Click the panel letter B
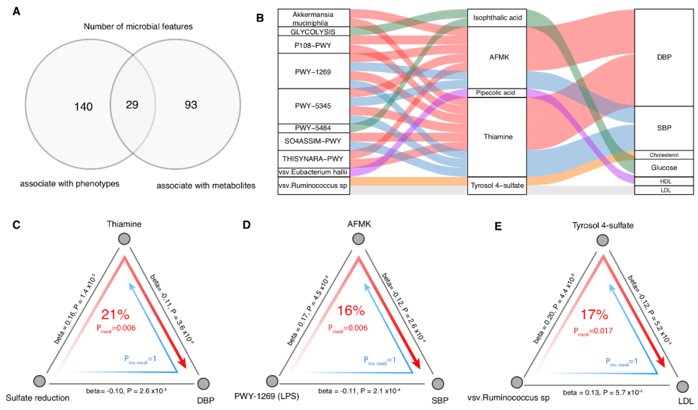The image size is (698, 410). coord(260,18)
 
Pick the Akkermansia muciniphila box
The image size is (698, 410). coord(313,18)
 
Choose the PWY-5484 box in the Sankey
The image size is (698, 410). coord(313,128)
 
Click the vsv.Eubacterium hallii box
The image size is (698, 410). coord(313,171)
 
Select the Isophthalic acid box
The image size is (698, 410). coord(497,18)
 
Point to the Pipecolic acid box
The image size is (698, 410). coord(497,93)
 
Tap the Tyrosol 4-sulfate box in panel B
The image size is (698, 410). coord(497,185)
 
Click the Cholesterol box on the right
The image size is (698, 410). coord(664,155)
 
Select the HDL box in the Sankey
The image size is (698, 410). coord(664,181)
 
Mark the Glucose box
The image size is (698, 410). coord(664,168)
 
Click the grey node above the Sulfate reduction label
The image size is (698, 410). coord(39,381)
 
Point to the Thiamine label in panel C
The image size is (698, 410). coord(125,223)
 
